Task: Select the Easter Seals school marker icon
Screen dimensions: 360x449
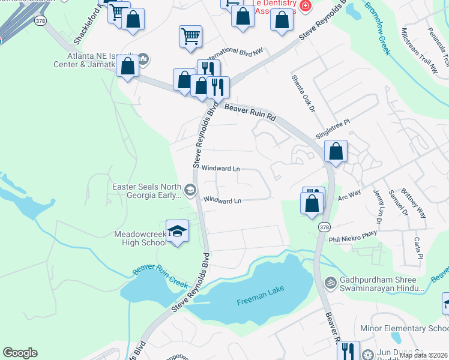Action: (190, 191)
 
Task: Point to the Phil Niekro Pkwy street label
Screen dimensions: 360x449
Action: (353, 236)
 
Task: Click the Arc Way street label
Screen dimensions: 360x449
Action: (349, 195)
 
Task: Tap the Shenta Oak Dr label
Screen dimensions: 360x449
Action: (303, 93)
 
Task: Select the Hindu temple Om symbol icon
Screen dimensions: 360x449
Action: (329, 282)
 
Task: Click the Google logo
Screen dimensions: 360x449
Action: (20, 353)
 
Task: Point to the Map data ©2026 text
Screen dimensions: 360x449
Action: (424, 355)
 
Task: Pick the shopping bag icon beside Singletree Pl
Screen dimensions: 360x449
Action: (336, 152)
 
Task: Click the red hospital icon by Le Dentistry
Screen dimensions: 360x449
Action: (306, 6)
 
